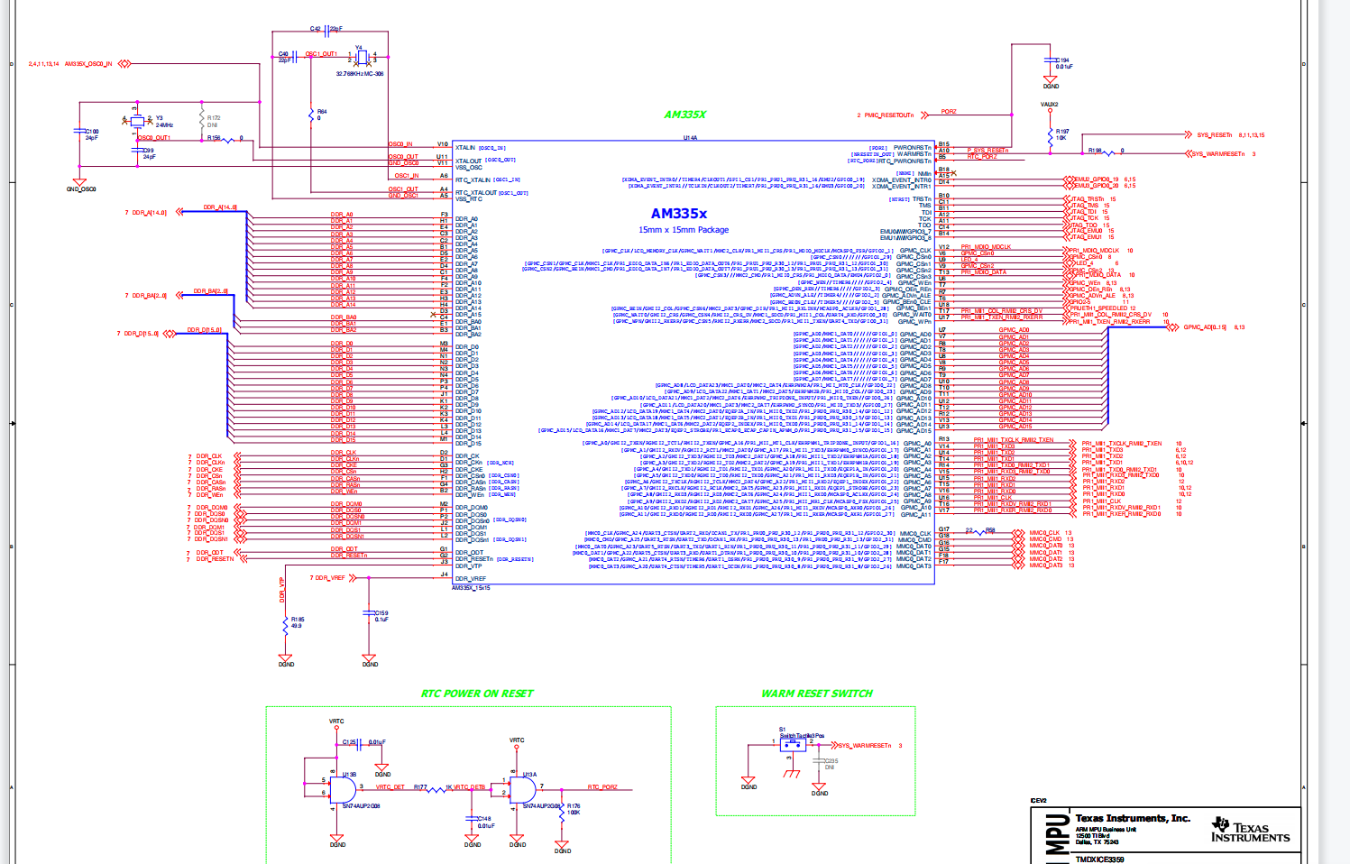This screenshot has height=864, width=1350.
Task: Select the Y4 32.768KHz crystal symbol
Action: click(x=361, y=59)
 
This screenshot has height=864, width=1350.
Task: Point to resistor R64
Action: click(x=311, y=115)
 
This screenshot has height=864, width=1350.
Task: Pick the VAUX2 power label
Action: click(x=1049, y=105)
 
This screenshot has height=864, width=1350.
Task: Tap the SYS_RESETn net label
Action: click(x=1214, y=135)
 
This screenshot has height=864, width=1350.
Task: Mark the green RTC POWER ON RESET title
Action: click(x=477, y=694)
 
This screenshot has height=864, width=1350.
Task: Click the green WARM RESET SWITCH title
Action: click(x=817, y=694)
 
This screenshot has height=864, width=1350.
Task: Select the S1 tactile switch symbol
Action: click(x=793, y=746)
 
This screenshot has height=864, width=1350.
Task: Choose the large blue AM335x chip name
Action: click(x=679, y=214)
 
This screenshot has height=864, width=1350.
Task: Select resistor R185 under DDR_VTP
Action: click(x=286, y=623)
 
